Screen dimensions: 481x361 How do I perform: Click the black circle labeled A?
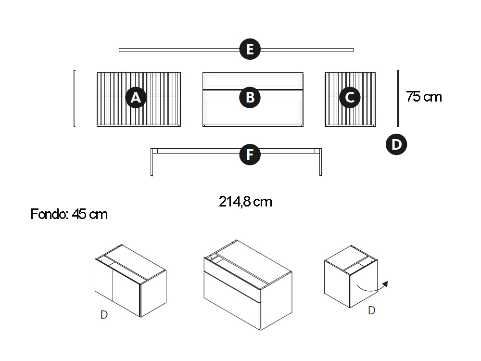pos(136,98)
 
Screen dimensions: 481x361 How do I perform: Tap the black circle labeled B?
pos(250,98)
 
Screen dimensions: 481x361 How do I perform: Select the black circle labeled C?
pos(350,98)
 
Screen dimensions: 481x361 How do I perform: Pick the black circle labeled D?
pos(396,144)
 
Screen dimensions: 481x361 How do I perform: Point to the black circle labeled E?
pos(250,49)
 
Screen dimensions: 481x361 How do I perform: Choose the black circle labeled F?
pos(250,155)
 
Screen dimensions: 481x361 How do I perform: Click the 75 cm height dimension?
pos(424,97)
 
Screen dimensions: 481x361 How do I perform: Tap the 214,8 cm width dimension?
pos(245,202)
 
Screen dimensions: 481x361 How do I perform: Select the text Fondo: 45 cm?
pos(69,214)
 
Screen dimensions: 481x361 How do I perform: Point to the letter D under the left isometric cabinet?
pos(104,315)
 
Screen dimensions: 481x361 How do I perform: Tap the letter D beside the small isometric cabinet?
pos(371,310)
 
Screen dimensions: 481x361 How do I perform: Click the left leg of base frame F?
pos(152,162)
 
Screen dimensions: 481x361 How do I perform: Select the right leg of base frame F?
pos(320,162)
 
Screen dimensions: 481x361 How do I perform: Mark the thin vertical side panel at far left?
pos(74,98)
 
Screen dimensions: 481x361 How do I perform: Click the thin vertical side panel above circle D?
pos(398,98)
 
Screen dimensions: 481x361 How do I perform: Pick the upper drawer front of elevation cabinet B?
pos(253,81)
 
